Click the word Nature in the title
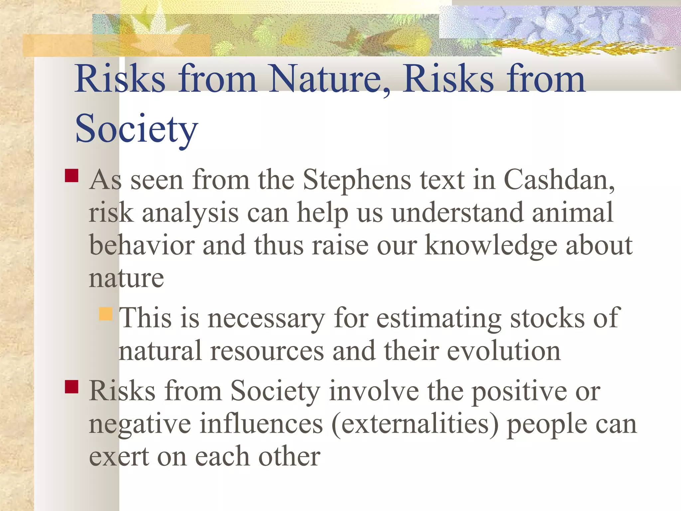coord(325,79)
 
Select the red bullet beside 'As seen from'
coord(71,176)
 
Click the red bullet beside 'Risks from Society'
coord(71,387)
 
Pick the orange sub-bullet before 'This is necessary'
coord(106,314)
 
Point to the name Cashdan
coord(559,180)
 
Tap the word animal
coord(572,213)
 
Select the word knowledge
coord(491,246)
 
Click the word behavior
coord(142,246)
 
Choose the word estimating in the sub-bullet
coord(439,318)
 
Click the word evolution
coord(504,351)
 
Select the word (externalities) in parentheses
coord(415,424)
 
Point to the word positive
coord(519,392)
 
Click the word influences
coord(261,424)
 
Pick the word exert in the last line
coord(119,457)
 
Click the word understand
coord(457,213)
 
